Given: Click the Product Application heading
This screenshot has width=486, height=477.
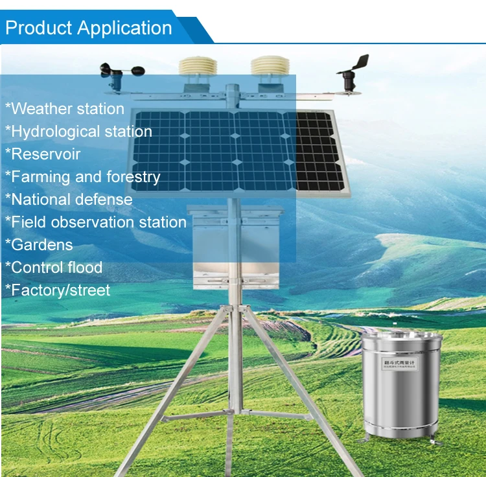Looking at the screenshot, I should pos(89,29).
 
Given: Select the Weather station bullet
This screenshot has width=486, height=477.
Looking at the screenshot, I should pos(65,109).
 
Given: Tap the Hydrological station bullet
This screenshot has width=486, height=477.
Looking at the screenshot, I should pos(78,132).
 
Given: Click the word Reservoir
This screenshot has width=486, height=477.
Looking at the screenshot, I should pos(45,154).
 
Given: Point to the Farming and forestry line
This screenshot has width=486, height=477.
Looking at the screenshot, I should pos(82,177).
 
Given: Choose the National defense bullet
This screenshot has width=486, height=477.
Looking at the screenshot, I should pos(69,200).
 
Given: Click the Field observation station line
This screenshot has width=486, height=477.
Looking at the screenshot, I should pos(96,222).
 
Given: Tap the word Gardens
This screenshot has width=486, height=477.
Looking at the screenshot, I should pos(42,245).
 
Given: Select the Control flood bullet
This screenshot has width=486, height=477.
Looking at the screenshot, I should pos(54,268).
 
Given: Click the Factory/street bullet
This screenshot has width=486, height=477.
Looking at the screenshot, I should pos(58,290).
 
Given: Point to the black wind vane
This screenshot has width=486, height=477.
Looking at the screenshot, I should pos(353,73).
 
